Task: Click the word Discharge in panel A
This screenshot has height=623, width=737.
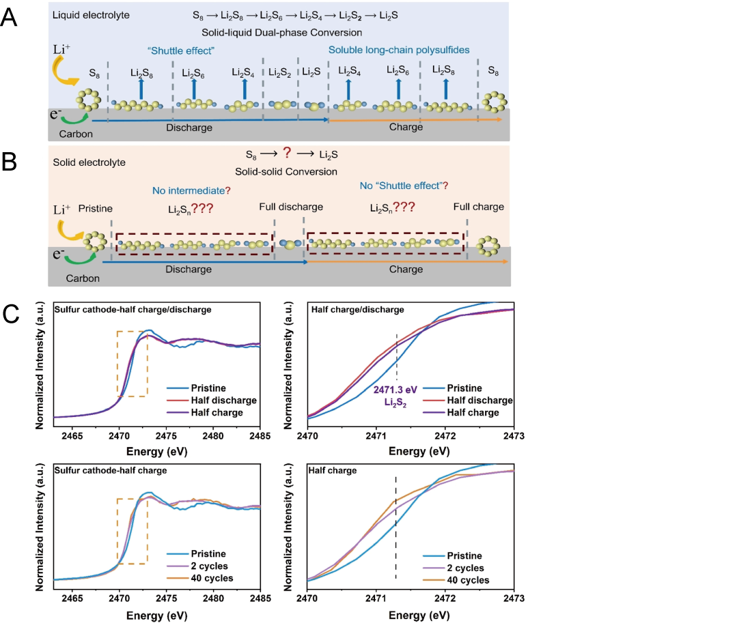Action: (x=189, y=127)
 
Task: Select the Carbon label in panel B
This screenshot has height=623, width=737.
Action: (x=83, y=278)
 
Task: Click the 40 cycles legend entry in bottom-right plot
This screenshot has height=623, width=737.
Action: (x=467, y=580)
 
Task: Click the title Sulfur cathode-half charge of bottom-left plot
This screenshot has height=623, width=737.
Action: (x=113, y=471)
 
